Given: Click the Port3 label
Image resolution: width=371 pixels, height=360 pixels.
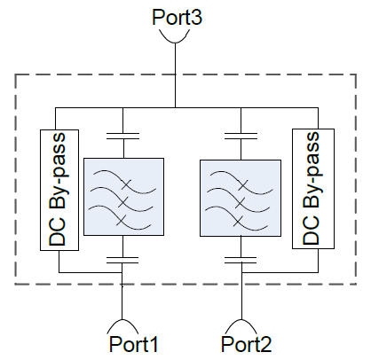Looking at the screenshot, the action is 177,17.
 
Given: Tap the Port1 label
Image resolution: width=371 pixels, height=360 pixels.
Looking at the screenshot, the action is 134,344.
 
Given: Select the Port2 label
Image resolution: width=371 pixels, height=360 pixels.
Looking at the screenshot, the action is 246,344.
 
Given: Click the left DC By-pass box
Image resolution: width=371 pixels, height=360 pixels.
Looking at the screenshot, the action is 59,190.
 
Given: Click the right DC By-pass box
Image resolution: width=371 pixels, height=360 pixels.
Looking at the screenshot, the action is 313,189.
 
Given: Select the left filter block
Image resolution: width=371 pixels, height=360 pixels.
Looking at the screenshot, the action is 123,197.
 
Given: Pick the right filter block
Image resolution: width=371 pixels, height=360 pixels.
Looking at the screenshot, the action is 241,198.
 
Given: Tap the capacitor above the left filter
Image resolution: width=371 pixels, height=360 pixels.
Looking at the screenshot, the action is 122,136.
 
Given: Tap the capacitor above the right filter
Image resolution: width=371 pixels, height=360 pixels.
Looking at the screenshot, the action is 241,136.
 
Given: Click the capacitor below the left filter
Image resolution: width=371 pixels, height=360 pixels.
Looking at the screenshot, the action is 122,260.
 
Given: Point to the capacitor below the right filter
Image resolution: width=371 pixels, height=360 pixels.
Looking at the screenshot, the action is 241,260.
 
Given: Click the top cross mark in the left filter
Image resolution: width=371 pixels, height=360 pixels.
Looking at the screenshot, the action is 126,184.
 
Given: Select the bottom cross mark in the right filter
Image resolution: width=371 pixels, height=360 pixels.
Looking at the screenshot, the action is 238,221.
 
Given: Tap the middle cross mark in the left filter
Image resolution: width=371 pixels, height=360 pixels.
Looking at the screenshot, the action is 123,202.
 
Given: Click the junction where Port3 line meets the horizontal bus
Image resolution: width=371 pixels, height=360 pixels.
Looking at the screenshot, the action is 175,107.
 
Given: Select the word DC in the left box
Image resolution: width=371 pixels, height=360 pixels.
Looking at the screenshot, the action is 57,232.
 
